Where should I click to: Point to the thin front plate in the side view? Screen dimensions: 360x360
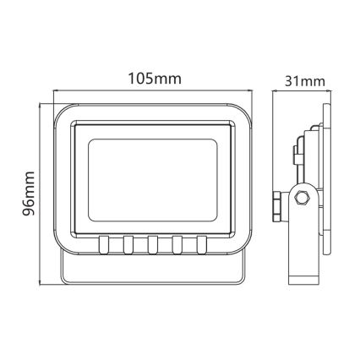(325, 182)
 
